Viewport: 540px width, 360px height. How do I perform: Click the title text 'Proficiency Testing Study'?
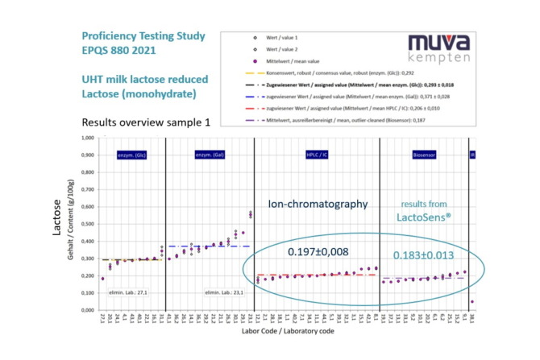click(143, 37)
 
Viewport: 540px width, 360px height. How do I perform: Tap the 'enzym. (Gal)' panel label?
click(209, 155)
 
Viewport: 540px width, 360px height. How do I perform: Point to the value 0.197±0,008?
click(318, 253)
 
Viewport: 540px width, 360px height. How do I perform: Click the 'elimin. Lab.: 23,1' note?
click(222, 292)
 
